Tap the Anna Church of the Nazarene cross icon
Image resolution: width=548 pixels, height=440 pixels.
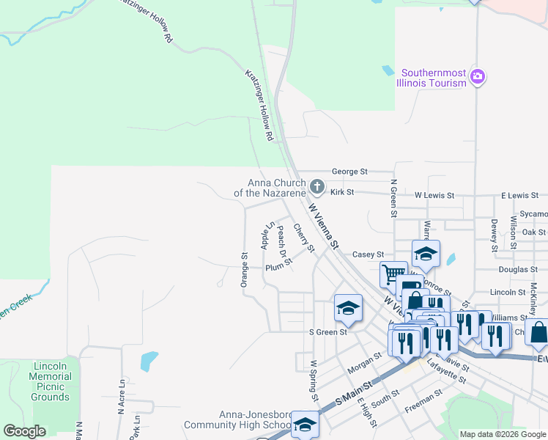[316, 186]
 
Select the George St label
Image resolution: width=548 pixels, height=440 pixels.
[349, 172]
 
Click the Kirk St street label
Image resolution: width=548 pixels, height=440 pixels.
[342, 192]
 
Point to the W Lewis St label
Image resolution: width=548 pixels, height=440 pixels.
[434, 196]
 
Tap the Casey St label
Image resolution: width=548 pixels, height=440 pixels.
[368, 254]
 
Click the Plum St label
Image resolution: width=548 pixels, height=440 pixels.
[278, 268]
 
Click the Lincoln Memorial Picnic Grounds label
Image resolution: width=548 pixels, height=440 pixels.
[51, 381]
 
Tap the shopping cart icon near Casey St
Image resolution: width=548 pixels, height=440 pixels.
[393, 274]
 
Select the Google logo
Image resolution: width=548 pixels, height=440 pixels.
[24, 431]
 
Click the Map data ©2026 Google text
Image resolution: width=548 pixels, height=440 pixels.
[502, 434]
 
